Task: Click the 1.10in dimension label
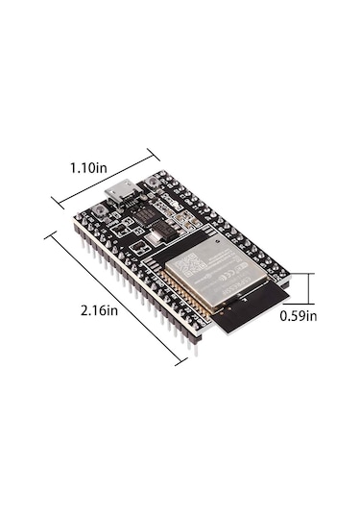click(87, 166)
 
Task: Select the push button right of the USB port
click(155, 183)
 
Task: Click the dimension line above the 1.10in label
click(106, 175)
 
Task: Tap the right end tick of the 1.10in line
click(154, 150)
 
